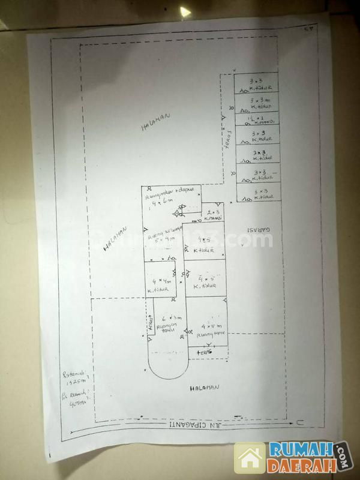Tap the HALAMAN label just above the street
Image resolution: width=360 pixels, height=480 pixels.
205,389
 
